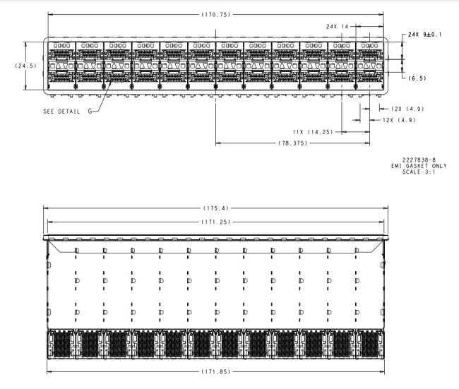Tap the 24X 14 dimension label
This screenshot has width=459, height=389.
pos(338,25)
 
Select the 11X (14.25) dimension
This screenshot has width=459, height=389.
pos(313,131)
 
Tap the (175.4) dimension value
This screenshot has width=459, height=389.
pos(217,209)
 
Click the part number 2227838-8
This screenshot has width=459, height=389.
pos(419,160)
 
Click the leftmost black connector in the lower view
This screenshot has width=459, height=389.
pos(61,345)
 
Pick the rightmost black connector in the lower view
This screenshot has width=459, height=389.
pos(371,345)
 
